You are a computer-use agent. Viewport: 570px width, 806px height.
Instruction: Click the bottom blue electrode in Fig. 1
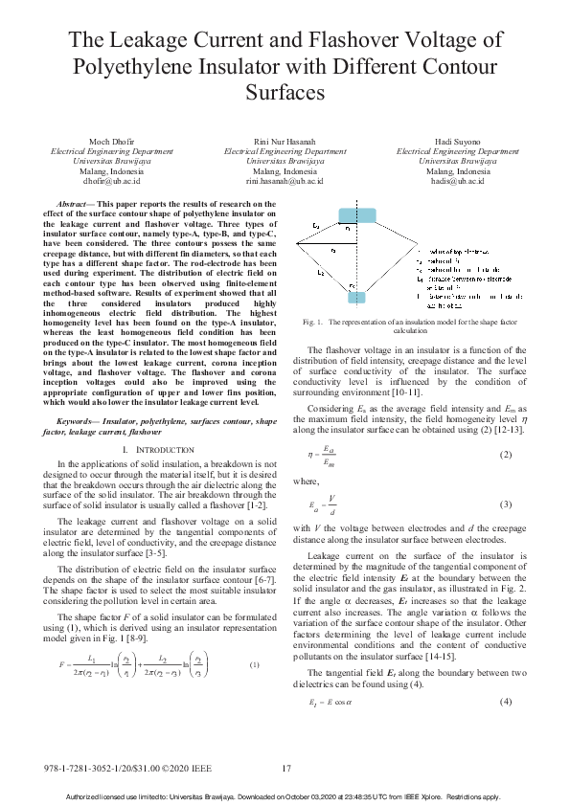[x=356, y=298]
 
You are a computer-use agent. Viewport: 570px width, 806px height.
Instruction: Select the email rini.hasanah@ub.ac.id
[x=285, y=180]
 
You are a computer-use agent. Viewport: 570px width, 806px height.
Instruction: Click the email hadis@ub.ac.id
[x=458, y=180]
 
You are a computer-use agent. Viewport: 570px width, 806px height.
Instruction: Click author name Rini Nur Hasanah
[x=285, y=142]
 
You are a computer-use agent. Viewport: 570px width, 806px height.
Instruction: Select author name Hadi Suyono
[x=458, y=142]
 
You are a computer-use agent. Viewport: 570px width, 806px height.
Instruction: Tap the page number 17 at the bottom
[x=285, y=769]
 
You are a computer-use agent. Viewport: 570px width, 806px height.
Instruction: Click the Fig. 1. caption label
[x=312, y=323]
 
